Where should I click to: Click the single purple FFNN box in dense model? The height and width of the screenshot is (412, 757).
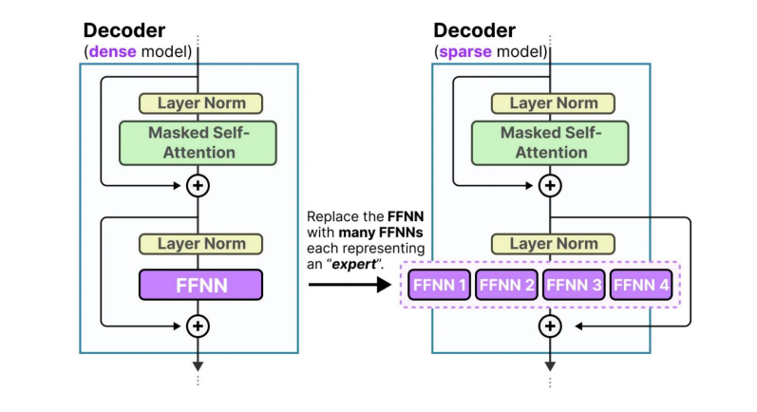tap(200, 284)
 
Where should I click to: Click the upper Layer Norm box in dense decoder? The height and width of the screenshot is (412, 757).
tap(200, 103)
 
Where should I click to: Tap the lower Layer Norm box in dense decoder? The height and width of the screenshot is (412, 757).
tap(200, 244)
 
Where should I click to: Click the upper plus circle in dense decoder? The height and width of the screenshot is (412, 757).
tap(198, 185)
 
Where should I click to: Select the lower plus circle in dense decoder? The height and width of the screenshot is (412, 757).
tap(198, 326)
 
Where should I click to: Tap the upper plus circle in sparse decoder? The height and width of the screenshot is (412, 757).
tap(549, 185)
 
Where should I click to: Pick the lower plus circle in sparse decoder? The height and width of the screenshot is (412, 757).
tap(549, 326)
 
